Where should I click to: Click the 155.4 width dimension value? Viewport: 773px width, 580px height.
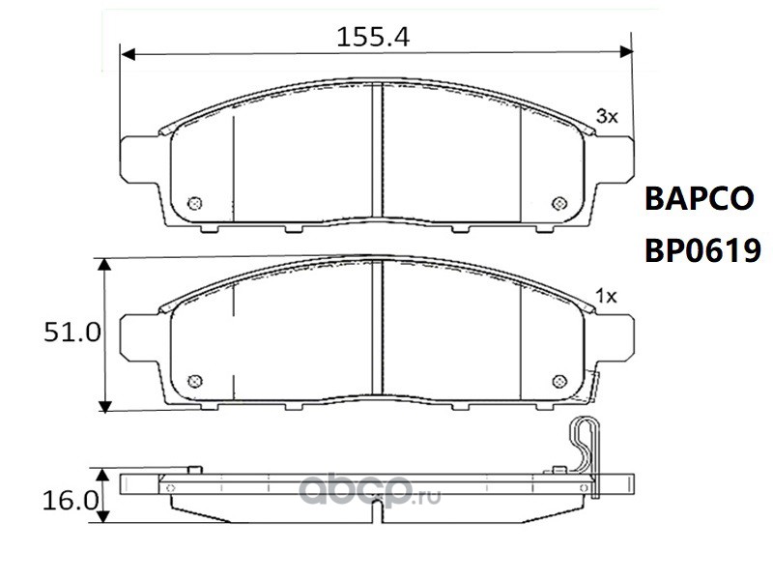pos(373,37)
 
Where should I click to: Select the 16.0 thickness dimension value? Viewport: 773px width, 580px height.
pos(71,501)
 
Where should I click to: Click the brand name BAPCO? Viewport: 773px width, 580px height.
pos(699,198)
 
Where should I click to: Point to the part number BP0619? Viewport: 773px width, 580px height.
pos(703,250)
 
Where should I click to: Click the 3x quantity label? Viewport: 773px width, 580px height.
pos(607,116)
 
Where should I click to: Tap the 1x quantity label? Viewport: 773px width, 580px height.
pos(606,296)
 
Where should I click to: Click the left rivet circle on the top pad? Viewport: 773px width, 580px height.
pos(195,203)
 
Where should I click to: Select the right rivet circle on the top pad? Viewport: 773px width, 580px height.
pos(559,203)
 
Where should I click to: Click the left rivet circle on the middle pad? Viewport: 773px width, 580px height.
pos(195,381)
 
